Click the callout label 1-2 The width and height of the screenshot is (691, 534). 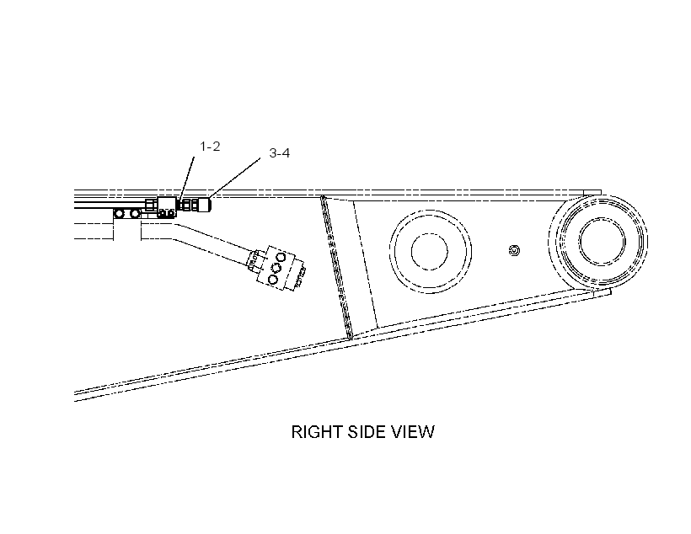pyautogui.click(x=210, y=147)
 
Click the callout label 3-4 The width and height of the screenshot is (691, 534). pyautogui.click(x=280, y=153)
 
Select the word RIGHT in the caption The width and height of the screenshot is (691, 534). pyautogui.click(x=319, y=432)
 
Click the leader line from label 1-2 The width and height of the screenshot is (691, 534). pyautogui.click(x=187, y=179)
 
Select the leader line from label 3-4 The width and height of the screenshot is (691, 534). pyautogui.click(x=234, y=178)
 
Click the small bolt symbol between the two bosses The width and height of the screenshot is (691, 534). pyautogui.click(x=514, y=251)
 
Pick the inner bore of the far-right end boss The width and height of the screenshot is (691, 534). pyautogui.click(x=603, y=242)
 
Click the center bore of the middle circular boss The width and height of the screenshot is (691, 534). pyautogui.click(x=429, y=252)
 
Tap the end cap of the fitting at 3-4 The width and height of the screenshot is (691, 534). pyautogui.click(x=204, y=205)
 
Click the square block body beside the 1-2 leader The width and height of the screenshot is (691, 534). pyautogui.click(x=167, y=206)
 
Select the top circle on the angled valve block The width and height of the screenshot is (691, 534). pyautogui.click(x=281, y=257)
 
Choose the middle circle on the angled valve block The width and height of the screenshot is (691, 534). pyautogui.click(x=276, y=268)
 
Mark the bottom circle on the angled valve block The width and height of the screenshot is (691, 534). pyautogui.click(x=273, y=280)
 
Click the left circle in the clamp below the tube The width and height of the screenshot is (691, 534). pyautogui.click(x=119, y=214)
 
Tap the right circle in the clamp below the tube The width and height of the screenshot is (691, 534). pyautogui.click(x=135, y=214)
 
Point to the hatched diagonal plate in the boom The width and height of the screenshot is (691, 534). pyautogui.click(x=336, y=268)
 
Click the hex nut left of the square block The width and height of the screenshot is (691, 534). pyautogui.click(x=151, y=205)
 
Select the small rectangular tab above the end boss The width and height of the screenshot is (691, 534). pyautogui.click(x=592, y=193)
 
